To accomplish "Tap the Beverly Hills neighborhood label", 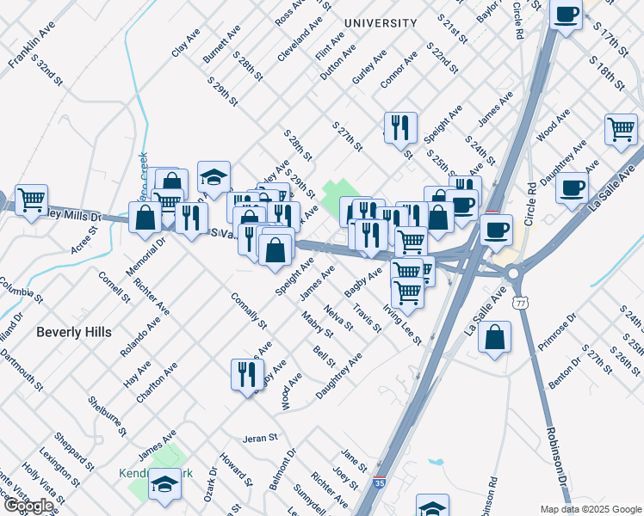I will (73, 331).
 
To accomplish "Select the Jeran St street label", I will (260, 437).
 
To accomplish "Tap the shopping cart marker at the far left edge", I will (31, 200).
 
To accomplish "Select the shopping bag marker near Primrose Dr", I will (495, 339).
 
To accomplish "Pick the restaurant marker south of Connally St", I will (247, 375).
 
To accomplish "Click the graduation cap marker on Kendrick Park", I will (164, 485).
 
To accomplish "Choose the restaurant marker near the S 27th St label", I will (400, 128).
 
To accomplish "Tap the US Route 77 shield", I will (519, 302).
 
